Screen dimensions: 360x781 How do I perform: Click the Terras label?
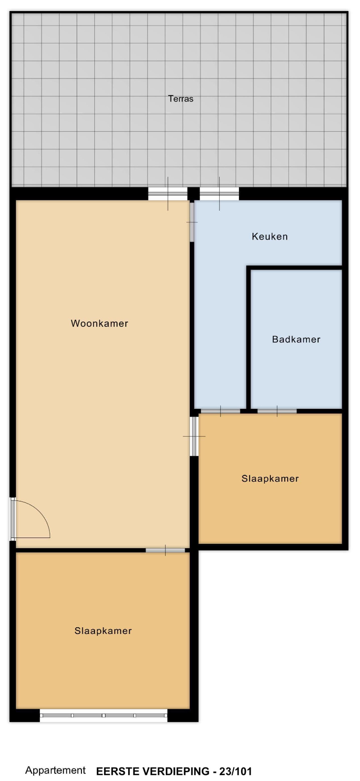[x=181, y=99]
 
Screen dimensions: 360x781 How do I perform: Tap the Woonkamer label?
[x=100, y=323]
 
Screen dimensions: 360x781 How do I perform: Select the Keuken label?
[x=270, y=236]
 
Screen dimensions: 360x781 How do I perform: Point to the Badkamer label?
[x=296, y=339]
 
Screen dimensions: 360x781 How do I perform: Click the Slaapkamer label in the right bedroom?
[x=270, y=478]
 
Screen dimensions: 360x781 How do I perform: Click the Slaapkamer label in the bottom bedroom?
[x=103, y=631]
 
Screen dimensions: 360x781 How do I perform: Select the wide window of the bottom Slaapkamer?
[x=104, y=715]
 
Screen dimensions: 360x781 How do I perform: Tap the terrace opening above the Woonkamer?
[x=168, y=193]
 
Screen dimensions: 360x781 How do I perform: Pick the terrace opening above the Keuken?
[x=219, y=193]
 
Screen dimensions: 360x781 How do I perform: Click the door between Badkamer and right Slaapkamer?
[x=277, y=411]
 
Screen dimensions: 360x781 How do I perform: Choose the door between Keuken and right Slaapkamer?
[x=221, y=411]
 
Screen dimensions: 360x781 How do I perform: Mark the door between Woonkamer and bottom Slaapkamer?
[x=165, y=550]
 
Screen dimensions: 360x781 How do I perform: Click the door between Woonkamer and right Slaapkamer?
[x=194, y=436]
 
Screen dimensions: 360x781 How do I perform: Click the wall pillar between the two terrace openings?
[x=194, y=194]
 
